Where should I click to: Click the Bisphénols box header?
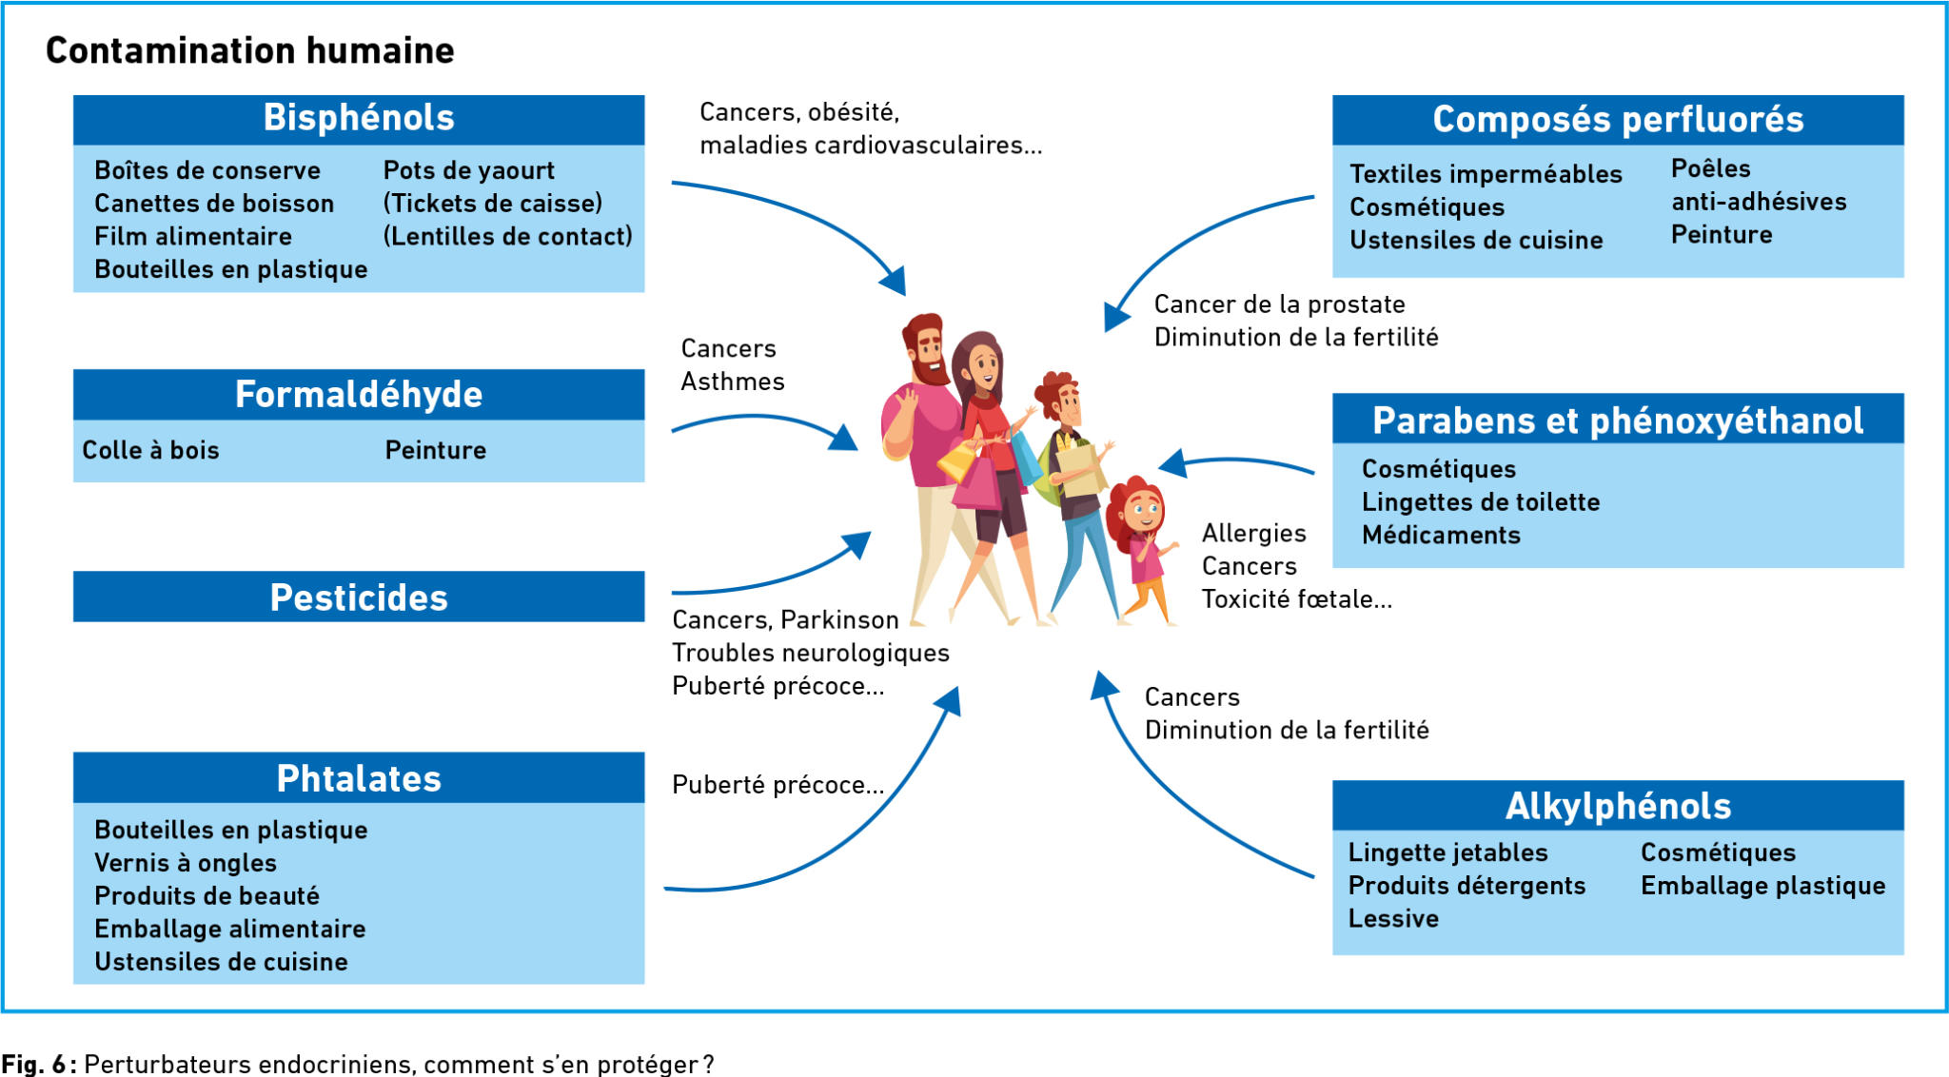tap(359, 119)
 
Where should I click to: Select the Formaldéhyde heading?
tap(359, 394)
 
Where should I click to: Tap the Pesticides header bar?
tap(359, 597)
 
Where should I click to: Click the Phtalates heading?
tap(359, 778)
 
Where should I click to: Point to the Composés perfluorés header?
tap(1618, 120)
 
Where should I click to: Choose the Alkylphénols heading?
tap(1618, 806)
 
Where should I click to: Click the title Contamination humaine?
tap(250, 50)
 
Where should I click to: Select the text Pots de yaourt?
tap(468, 171)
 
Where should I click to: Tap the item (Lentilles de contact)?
tap(507, 236)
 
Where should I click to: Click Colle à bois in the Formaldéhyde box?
tap(150, 450)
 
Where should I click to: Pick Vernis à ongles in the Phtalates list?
tap(186, 863)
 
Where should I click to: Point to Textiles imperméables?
tap(1486, 174)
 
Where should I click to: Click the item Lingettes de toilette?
tap(1481, 502)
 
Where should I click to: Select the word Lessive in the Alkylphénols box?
tap(1393, 918)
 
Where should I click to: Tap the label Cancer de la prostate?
tap(1279, 304)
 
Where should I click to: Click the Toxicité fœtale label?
tap(1296, 599)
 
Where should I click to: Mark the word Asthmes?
tap(733, 382)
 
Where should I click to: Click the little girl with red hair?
tap(1142, 549)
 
